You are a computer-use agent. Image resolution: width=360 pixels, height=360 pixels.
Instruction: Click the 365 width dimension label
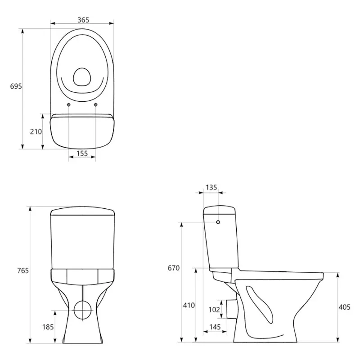[x=83, y=20]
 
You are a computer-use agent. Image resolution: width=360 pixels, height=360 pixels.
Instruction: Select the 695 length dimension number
[x=16, y=86]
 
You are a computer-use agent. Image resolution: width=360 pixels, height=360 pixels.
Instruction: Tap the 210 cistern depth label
[x=36, y=131]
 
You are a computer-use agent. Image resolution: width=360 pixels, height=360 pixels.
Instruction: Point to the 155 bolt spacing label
[x=82, y=153]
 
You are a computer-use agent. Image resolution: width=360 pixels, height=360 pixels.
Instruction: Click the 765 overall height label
[x=23, y=271]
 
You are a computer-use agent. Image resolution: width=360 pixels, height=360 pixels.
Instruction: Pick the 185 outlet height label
[x=48, y=327]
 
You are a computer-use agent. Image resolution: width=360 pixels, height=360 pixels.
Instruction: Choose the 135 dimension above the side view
[x=211, y=188]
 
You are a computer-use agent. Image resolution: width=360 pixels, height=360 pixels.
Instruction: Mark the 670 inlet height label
[x=174, y=268]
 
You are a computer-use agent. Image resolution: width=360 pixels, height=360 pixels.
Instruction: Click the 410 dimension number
[x=189, y=306]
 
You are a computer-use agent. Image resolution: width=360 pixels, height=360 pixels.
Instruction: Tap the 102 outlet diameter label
[x=214, y=310]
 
